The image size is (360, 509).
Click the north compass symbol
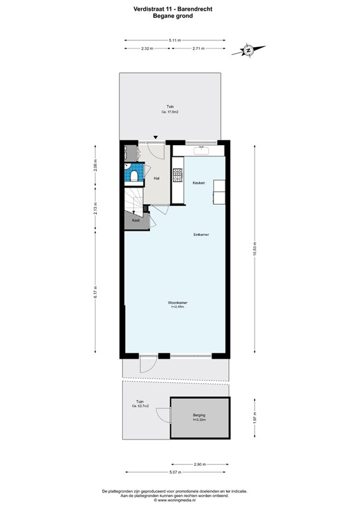pyautogui.click(x=247, y=50)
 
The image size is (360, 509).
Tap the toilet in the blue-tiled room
pyautogui.click(x=134, y=176)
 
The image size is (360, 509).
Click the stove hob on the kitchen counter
pyautogui.click(x=177, y=176)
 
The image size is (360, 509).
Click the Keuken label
pyautogui.click(x=198, y=183)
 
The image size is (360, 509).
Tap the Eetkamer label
pyautogui.click(x=202, y=235)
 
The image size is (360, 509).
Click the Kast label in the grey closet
pyautogui.click(x=135, y=220)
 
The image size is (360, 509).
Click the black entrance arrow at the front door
pyautogui.click(x=156, y=137)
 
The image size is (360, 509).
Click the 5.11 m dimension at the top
pyautogui.click(x=174, y=40)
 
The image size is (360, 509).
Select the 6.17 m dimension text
pyautogui.click(x=95, y=296)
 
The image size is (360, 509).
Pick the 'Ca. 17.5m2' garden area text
pyautogui.click(x=170, y=112)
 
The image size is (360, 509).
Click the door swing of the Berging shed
pyautogui.click(x=162, y=416)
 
